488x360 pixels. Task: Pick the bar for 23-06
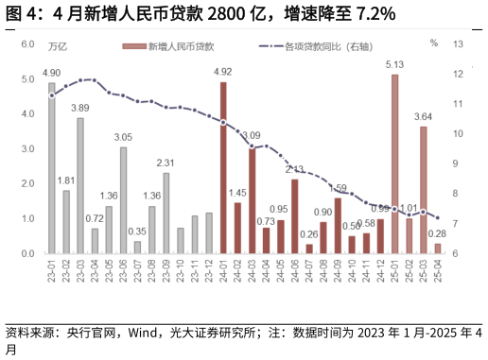pos(123,200)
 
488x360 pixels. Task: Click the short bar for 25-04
pos(437,249)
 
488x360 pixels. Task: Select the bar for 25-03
pos(423,190)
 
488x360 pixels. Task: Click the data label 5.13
pos(394,64)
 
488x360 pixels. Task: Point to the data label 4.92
pos(223,72)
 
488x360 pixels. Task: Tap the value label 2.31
pos(166,163)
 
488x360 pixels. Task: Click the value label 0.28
pos(437,233)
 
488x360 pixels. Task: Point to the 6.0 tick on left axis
pos(27,44)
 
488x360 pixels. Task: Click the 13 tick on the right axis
pos(459,44)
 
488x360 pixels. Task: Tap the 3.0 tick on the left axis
pos(27,149)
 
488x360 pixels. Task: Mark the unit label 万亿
pos(57,44)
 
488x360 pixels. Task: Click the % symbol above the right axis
pos(433,43)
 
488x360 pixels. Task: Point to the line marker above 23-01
pos(52,95)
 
